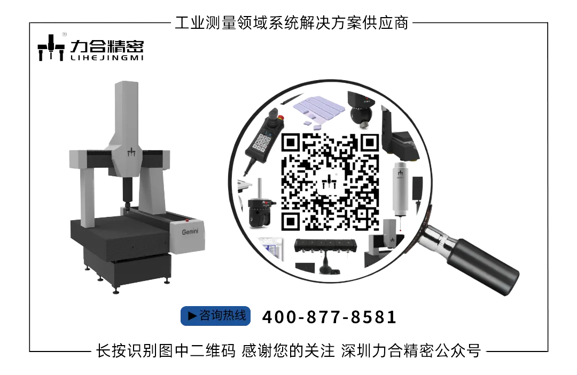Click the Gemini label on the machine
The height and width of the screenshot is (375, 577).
(x=190, y=231)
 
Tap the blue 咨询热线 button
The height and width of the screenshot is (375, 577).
(x=216, y=316)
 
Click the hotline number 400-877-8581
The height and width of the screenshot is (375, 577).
(x=329, y=317)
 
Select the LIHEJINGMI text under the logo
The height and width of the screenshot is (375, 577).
(x=107, y=58)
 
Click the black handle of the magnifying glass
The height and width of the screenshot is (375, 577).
(x=484, y=265)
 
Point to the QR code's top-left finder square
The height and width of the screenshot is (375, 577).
(x=291, y=143)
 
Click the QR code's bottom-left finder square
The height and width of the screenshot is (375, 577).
(x=291, y=222)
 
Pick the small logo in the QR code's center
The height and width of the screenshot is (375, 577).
(x=330, y=183)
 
